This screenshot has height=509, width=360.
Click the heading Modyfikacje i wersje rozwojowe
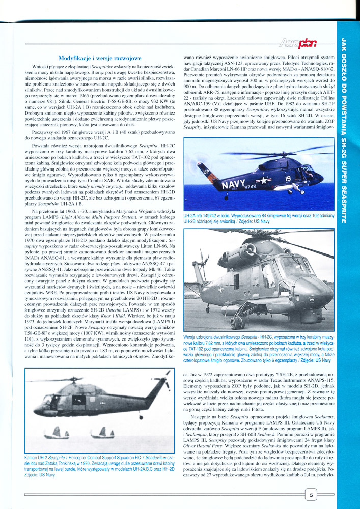pos(100,58)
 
